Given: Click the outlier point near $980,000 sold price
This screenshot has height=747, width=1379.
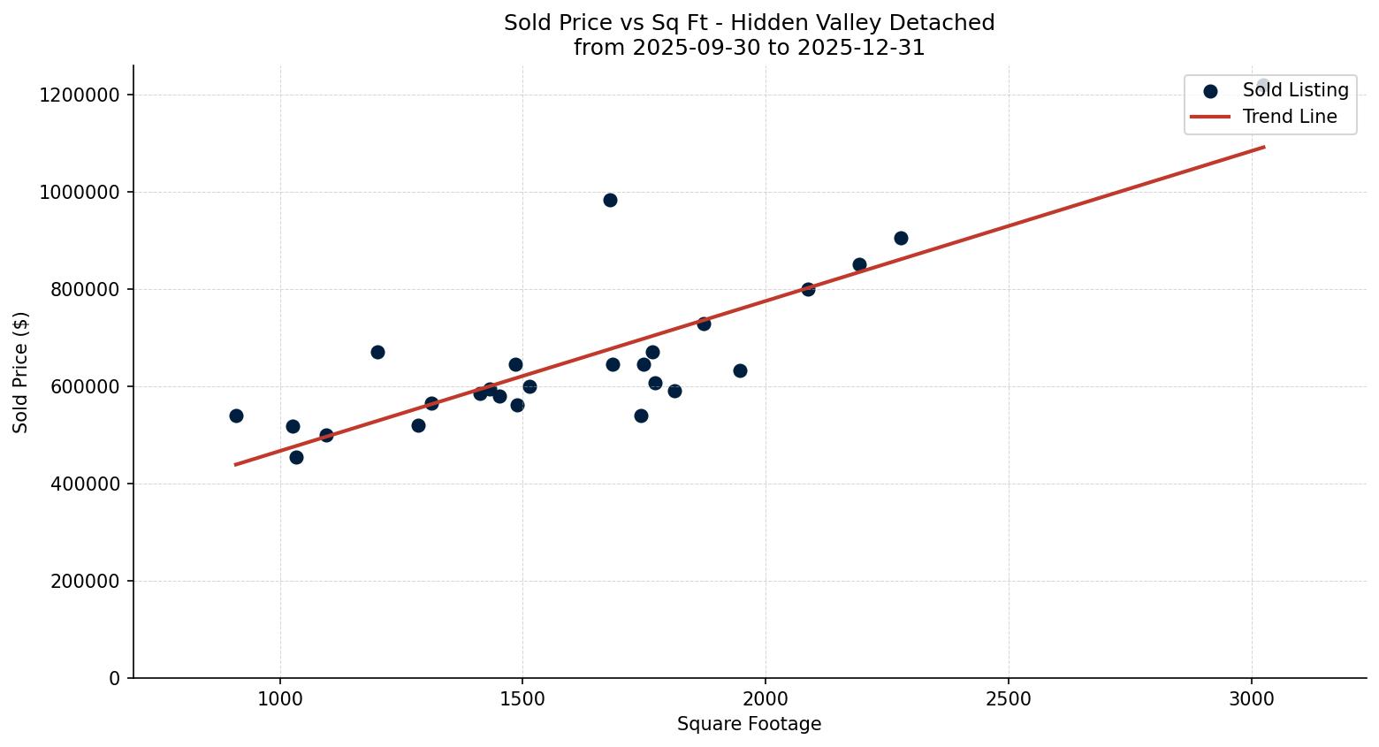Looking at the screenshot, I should point(610,200).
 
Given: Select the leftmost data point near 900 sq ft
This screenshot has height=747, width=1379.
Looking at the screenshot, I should point(236,415).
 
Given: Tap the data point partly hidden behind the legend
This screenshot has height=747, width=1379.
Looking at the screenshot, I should point(1262,86).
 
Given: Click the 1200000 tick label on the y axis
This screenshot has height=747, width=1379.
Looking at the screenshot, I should point(80,95).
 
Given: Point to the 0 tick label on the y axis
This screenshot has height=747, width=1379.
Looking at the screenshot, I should point(114,678).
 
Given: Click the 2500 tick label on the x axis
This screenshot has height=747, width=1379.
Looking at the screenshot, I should point(1009,697).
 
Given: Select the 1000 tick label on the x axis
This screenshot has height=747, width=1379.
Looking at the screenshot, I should point(280,697).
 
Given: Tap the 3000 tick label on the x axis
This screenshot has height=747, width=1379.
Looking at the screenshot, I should point(1252,697).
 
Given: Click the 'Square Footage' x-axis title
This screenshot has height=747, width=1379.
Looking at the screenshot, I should point(749,724).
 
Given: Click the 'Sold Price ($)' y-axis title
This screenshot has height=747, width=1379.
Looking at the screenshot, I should point(21,371).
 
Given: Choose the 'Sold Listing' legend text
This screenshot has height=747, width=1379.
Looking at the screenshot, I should point(1295,90).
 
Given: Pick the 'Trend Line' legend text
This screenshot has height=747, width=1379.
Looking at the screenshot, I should point(1289,117).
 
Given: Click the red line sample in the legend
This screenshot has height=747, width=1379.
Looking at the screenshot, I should point(1210,117).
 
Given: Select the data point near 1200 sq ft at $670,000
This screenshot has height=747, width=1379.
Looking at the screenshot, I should point(377,352).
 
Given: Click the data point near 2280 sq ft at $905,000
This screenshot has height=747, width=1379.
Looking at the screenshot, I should point(901,238).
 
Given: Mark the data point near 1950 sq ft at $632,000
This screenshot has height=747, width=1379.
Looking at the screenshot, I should point(740,370).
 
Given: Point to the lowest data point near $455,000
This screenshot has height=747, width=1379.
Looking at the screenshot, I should point(296,457).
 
